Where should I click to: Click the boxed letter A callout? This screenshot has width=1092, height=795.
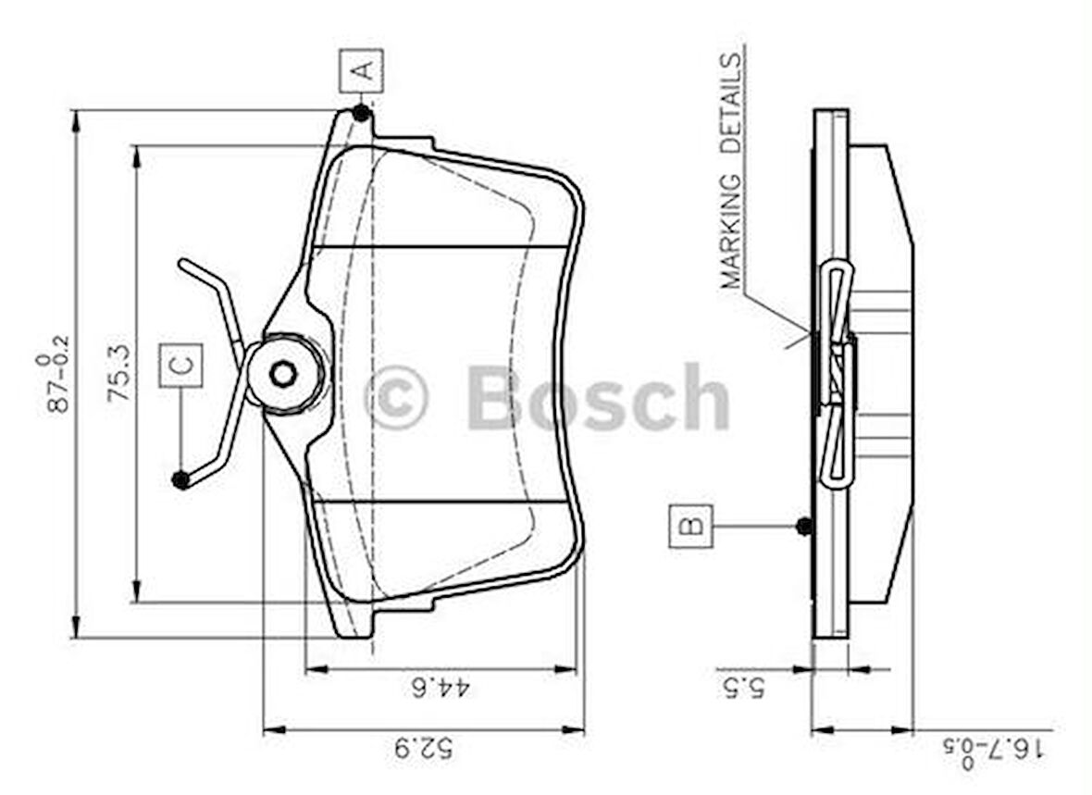click(361, 70)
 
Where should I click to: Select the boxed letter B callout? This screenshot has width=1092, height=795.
click(690, 527)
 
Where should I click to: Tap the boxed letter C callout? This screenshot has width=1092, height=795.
click(180, 366)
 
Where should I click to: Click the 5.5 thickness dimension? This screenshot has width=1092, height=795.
click(745, 688)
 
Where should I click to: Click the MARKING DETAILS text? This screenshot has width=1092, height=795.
click(731, 171)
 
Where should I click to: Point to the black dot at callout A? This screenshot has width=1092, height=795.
click(361, 113)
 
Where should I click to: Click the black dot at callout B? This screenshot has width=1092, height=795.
click(804, 526)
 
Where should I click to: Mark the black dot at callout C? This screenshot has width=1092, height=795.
click(181, 479)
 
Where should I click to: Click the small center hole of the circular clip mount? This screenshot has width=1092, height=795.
click(283, 374)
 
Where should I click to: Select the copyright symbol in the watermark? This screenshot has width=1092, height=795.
click(396, 399)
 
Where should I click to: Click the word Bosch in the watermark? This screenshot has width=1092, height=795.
click(598, 399)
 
